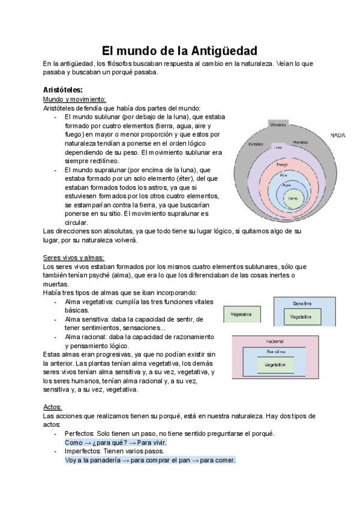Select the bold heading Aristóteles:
[x=63, y=89]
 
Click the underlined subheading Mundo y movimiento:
[x=74, y=99]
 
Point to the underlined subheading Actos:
[x=53, y=406]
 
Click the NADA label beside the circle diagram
[x=338, y=136]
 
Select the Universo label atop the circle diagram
[x=277, y=125]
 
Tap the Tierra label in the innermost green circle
[x=293, y=198]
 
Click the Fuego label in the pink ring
[x=283, y=164]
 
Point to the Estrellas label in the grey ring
[x=256, y=145]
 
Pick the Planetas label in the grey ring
[x=301, y=142]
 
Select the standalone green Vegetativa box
[x=241, y=314]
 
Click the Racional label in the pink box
[x=275, y=341]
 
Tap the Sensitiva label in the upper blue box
[x=302, y=303]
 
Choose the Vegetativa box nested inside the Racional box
[x=275, y=364]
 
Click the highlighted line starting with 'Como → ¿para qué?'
[x=115, y=442]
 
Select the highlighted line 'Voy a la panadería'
[x=150, y=460]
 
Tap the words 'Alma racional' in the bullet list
[x=86, y=337]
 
